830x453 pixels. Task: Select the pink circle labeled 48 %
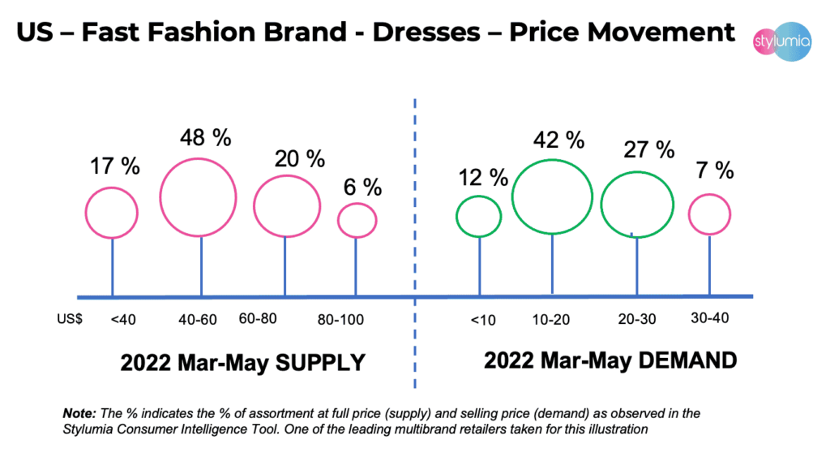coord(198,197)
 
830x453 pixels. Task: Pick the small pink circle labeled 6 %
coord(357,219)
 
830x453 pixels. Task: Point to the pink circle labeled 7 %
coord(710,214)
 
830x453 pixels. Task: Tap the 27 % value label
coord(648,149)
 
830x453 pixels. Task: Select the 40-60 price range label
coord(197,319)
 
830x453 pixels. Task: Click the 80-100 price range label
coord(351,319)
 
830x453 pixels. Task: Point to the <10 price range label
coord(482,320)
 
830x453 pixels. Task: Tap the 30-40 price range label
coord(709,317)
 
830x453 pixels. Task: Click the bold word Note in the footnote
coord(79,413)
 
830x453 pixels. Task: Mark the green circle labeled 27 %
coord(637,204)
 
